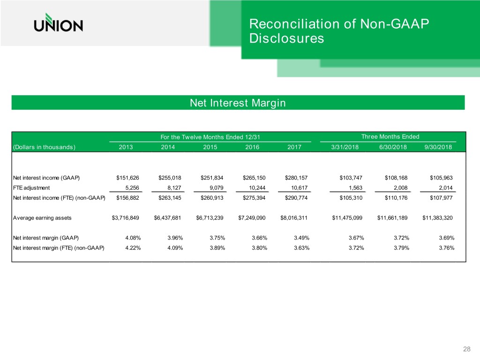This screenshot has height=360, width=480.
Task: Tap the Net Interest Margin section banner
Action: point(238,103)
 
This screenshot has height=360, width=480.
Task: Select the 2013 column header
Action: point(126,147)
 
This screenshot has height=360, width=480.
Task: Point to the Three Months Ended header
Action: point(390,136)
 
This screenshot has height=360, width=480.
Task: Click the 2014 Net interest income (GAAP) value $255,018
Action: point(167,178)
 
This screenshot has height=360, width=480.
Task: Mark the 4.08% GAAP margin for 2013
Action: point(132,238)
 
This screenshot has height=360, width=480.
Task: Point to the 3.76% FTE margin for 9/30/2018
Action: point(447,248)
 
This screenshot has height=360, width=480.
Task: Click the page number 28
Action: point(466,349)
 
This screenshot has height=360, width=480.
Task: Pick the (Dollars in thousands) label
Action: point(45,147)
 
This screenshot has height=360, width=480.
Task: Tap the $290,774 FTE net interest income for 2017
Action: point(294,198)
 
